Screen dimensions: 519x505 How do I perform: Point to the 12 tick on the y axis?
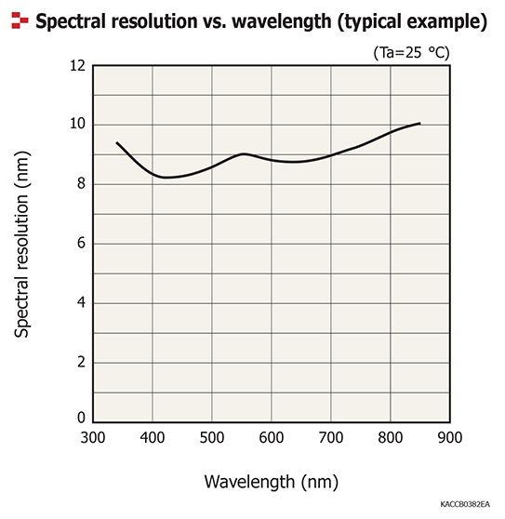(76, 66)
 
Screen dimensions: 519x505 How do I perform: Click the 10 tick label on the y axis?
(76, 125)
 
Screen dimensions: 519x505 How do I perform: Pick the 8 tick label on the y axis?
(80, 184)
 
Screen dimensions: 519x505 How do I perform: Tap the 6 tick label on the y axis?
(80, 244)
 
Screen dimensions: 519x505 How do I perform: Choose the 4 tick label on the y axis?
(80, 302)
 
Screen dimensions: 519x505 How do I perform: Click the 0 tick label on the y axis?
(80, 419)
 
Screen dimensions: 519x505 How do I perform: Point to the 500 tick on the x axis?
(212, 438)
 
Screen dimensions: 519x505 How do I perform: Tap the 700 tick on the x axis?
(331, 438)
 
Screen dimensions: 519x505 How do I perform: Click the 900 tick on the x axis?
(449, 438)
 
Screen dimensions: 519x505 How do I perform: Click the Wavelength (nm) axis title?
(272, 482)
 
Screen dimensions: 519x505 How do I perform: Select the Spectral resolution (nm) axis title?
(23, 244)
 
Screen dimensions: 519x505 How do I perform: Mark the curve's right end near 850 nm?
(420, 123)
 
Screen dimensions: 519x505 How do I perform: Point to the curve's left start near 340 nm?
(116, 142)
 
